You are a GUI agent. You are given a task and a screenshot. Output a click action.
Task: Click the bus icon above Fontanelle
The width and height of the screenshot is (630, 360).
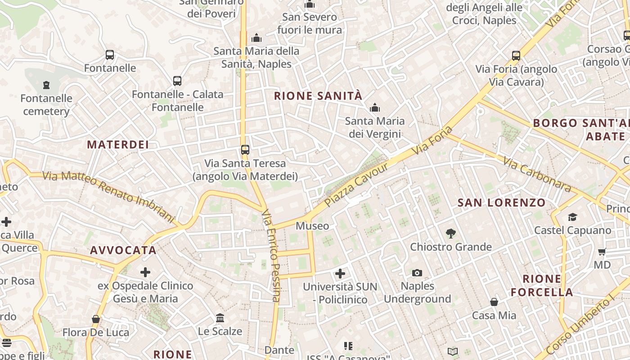[109, 55]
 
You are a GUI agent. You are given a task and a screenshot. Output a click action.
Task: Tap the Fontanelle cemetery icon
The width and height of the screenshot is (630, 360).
[46, 85]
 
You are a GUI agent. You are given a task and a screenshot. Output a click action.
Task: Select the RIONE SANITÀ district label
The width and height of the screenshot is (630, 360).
[318, 96]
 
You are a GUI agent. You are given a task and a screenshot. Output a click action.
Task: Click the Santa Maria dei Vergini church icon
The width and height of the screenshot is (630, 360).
[374, 108]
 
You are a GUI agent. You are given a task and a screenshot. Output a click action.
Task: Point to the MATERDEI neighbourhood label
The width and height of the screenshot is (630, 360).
[118, 144]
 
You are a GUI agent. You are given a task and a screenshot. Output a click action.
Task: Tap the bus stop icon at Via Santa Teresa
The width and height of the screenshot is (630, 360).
[245, 149]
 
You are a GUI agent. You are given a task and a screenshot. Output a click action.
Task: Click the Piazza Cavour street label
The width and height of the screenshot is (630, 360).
[356, 185]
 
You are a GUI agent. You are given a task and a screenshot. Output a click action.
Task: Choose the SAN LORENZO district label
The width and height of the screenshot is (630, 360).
[501, 203]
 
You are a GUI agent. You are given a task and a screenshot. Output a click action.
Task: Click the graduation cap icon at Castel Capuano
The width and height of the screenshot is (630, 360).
[572, 217]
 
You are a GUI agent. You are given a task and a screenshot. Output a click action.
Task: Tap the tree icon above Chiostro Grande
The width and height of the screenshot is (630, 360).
[450, 234]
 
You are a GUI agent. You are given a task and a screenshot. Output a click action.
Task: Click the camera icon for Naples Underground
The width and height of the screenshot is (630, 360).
[417, 273]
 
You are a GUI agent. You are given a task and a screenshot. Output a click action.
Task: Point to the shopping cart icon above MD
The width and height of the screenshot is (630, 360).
[602, 252]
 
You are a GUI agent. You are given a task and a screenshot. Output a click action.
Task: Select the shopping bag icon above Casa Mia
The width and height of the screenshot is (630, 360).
[494, 302]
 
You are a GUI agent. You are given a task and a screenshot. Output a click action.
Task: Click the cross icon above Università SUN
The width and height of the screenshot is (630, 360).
[340, 274]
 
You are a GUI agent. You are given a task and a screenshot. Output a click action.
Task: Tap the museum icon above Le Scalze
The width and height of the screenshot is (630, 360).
[220, 318]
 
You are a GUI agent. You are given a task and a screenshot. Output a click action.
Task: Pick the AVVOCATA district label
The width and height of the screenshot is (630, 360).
[123, 250]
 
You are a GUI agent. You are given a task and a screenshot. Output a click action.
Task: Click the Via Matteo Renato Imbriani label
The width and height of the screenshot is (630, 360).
[108, 197]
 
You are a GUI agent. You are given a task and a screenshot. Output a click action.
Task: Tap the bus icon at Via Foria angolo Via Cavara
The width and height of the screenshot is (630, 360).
[516, 56]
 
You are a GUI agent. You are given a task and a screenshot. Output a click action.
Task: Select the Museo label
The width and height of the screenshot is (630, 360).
[312, 226]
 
